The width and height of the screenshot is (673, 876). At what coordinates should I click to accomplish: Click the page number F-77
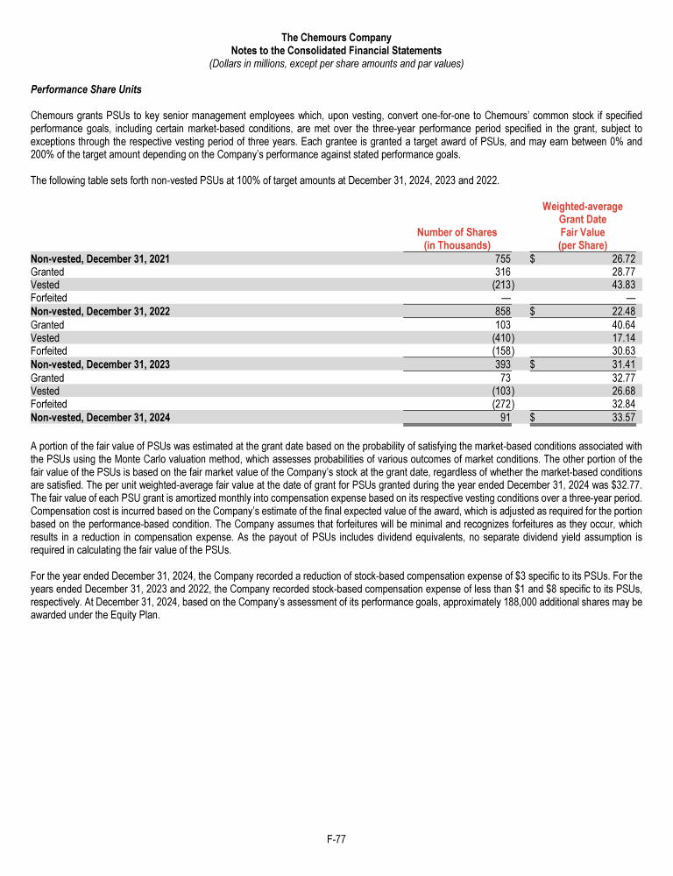coord(336,839)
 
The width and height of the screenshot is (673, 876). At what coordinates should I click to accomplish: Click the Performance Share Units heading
coord(86,89)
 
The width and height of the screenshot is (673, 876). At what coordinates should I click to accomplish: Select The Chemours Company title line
coord(336,38)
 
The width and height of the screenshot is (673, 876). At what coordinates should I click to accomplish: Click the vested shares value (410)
coord(502,338)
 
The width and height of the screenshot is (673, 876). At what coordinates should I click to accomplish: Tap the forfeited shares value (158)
coord(502,351)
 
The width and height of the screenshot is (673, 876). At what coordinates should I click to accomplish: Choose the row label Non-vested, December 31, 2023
coord(100,364)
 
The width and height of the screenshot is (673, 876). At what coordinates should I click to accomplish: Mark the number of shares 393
coord(506,364)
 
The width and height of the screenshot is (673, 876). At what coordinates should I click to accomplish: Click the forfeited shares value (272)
coord(502,404)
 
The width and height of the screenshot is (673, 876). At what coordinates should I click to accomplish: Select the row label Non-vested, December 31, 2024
coord(100,417)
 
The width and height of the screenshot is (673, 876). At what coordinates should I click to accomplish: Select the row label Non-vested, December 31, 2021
coord(100,259)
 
